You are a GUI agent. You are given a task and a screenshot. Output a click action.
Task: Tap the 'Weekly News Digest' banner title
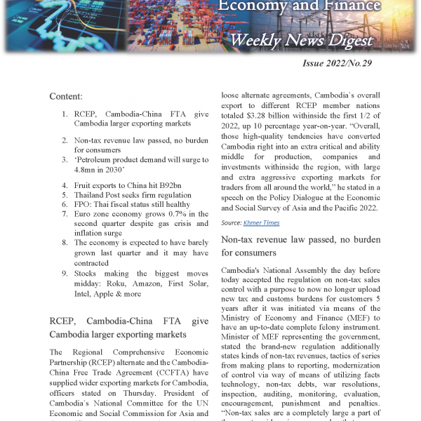coord(301,41)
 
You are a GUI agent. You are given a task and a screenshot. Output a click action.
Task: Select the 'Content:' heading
coord(66,95)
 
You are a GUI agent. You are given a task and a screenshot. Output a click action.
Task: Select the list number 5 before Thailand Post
coord(64,195)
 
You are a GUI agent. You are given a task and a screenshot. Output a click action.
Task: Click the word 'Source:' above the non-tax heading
coord(232,222)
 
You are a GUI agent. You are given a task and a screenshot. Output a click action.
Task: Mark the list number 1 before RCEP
coord(64,113)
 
